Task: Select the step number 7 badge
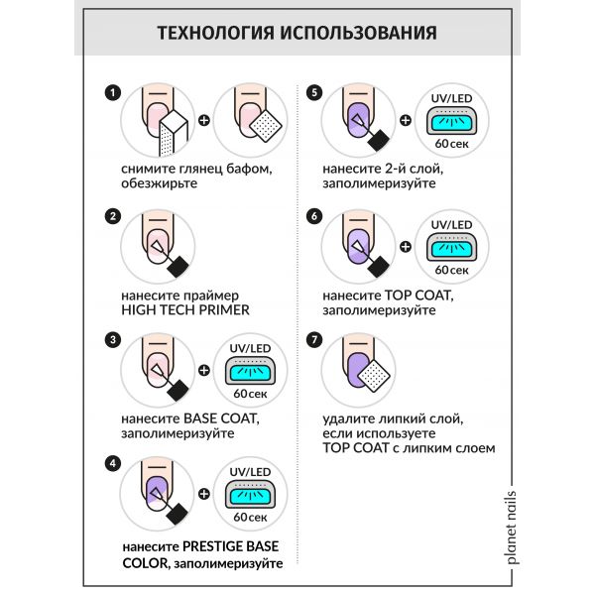pyautogui.click(x=314, y=338)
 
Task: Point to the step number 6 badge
pyautogui.click(x=314, y=214)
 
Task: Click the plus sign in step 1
pyautogui.click(x=204, y=123)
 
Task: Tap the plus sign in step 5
pyautogui.click(x=406, y=122)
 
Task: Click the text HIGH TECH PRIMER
pyautogui.click(x=184, y=309)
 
